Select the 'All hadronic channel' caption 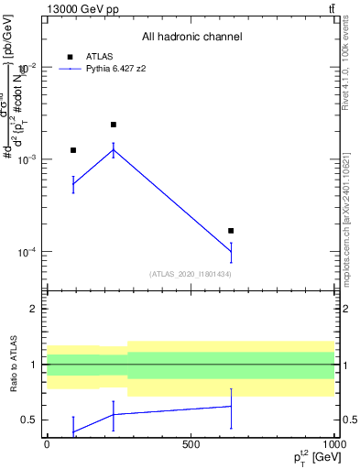[x=191, y=37]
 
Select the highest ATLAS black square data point [x=114, y=125]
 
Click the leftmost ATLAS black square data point [x=73, y=150]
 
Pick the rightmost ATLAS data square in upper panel [x=231, y=231]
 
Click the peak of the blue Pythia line [x=114, y=150]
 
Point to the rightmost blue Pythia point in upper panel [x=231, y=252]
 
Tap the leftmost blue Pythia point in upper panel [x=73, y=184]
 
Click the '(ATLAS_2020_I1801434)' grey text [x=191, y=274]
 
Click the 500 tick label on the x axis [x=191, y=443]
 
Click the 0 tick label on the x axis [x=47, y=443]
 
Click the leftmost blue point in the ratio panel [x=73, y=431]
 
